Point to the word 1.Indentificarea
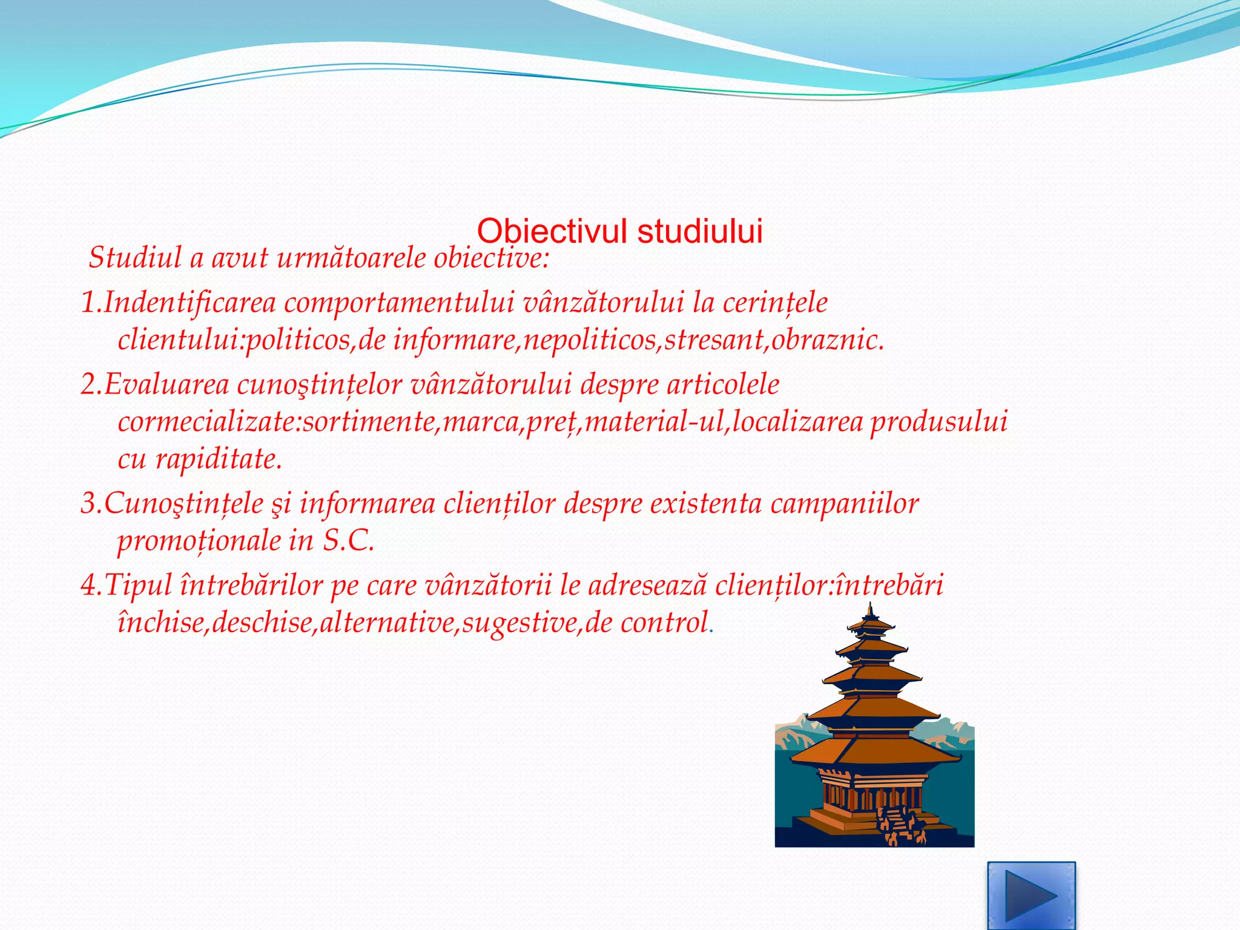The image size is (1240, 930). coord(179,303)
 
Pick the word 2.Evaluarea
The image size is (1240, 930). coord(155,384)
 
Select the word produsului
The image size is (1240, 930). coord(938,421)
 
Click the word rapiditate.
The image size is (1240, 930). coord(219,459)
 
